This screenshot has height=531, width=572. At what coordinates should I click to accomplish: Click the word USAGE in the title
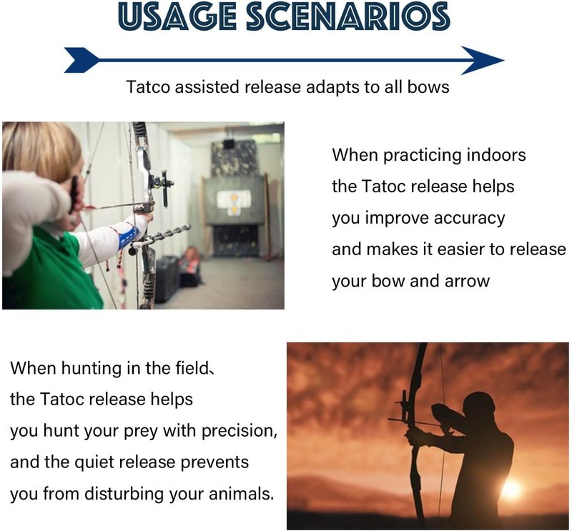[177, 16]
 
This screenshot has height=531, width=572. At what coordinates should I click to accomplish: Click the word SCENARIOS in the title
[348, 16]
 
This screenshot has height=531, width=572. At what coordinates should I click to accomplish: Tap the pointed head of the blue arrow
[482, 60]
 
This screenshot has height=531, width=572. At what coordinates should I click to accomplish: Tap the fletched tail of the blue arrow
[82, 60]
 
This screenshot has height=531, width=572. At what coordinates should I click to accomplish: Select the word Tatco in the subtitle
[148, 87]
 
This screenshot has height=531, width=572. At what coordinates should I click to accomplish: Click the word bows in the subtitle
[428, 87]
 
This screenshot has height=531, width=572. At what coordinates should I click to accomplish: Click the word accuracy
[470, 219]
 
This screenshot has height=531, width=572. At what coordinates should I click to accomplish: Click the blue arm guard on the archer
[128, 238]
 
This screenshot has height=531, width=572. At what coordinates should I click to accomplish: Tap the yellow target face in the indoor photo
[234, 204]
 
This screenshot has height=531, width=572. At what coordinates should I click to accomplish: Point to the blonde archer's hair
[40, 149]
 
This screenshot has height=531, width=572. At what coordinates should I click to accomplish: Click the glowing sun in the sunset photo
[511, 489]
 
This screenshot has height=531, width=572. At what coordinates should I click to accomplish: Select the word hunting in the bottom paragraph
[92, 369]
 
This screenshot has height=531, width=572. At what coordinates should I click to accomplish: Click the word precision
[240, 431]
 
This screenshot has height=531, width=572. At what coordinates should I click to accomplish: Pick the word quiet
[94, 463]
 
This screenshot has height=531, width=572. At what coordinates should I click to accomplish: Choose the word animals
[241, 494]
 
